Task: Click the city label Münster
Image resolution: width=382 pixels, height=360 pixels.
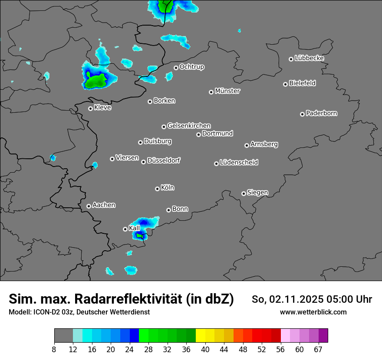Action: pos(227,91)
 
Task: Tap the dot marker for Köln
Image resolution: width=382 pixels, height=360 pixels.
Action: pos(157,189)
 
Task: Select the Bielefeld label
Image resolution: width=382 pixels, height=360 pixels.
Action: pos(302,83)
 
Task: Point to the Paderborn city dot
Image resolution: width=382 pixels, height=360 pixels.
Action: pos(302,114)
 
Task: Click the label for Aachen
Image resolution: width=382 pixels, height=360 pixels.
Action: pos(104,205)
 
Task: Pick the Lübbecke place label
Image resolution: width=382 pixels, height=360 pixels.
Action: pos(309,58)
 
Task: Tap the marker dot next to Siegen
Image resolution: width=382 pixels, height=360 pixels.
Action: pos(244,193)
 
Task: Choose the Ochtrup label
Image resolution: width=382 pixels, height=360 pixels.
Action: pos(191,67)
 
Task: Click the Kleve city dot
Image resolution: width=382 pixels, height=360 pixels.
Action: pos(90,108)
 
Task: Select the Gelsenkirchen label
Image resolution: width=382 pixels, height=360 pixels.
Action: pos(189,126)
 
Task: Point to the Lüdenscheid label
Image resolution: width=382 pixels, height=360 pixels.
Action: pos(239,163)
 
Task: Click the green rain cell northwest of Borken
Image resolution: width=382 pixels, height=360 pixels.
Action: pos(96,81)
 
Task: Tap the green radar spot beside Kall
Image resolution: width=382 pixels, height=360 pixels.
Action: pos(139,236)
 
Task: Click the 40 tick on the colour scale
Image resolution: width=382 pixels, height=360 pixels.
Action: pos(205,349)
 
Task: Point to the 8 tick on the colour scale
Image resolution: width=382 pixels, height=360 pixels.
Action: pos(54,349)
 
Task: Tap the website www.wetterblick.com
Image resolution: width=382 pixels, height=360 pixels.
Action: pos(313,312)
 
